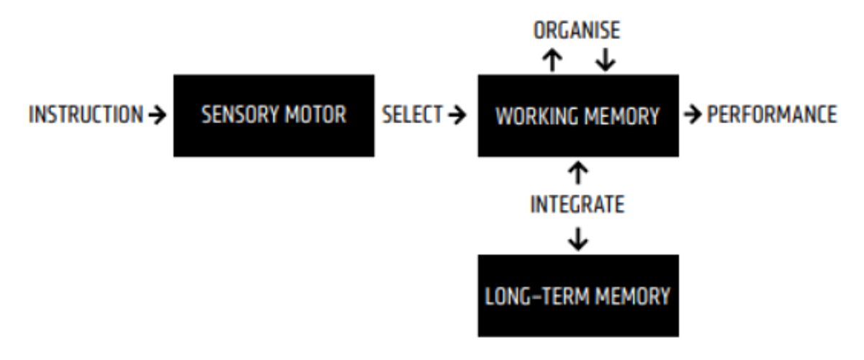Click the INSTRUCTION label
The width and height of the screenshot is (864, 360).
[x=86, y=114]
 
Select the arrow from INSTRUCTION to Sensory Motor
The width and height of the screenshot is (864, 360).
[x=158, y=114]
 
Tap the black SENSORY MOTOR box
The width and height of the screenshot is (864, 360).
[x=274, y=116]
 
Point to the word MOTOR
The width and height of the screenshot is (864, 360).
[x=315, y=115]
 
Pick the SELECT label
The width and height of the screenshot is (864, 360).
[x=412, y=114]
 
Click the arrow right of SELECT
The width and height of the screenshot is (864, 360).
[x=457, y=114]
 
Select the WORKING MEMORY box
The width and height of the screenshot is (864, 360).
[x=578, y=116]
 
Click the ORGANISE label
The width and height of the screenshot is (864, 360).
[x=577, y=30]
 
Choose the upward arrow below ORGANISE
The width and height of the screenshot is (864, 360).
[x=552, y=60]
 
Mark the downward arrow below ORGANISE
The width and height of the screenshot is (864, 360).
[x=606, y=60]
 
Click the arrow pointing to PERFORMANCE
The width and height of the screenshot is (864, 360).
[x=693, y=114]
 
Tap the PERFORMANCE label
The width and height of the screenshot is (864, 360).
[x=772, y=114]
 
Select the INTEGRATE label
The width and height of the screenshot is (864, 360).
[x=577, y=204]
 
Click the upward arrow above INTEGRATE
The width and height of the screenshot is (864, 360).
[x=578, y=173]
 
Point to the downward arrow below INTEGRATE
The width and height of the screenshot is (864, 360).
[x=578, y=239]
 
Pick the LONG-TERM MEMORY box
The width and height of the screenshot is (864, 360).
[x=578, y=296]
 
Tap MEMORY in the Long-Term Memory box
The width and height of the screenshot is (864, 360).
[x=633, y=297]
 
